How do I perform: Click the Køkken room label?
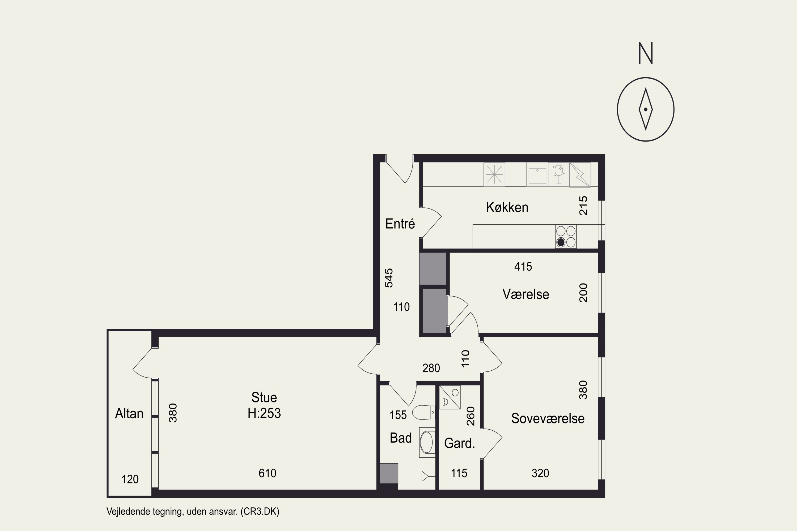click(507, 207)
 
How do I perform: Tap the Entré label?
click(400, 224)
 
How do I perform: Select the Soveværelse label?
click(548, 419)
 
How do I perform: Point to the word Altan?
click(129, 413)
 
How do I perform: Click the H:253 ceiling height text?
click(264, 413)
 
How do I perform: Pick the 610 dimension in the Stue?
click(267, 473)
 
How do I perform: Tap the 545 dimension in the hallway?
click(389, 278)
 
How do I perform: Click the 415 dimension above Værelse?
click(523, 267)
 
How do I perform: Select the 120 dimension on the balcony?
click(130, 479)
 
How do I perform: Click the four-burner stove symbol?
click(566, 236)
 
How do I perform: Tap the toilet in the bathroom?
click(423, 412)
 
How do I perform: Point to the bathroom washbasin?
click(427, 442)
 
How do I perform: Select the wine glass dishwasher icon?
click(558, 174)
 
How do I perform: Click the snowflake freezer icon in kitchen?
click(494, 174)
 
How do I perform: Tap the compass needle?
click(646, 109)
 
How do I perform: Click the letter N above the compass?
click(646, 53)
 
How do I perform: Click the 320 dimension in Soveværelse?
click(540, 473)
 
